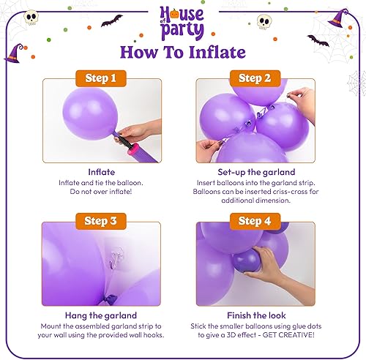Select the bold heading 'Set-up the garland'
255,171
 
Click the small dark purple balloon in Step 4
247,260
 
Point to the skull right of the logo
264,23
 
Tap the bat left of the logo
111,20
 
